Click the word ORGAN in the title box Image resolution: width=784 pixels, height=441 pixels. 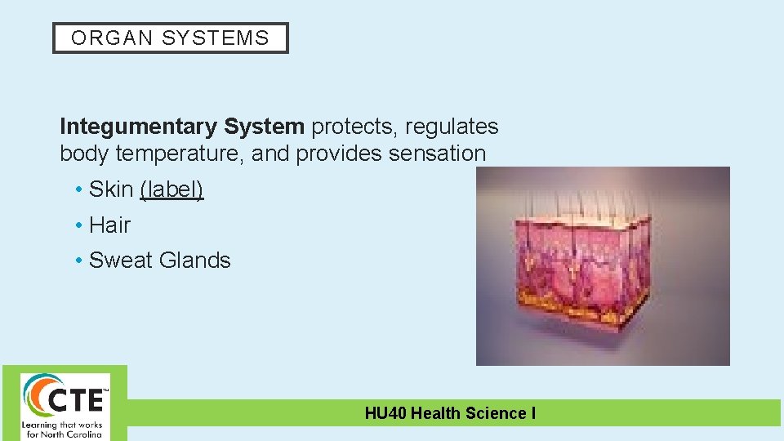[100, 38]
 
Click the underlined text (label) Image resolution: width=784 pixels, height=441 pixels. [171, 189]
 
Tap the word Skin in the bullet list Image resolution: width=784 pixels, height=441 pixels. [111, 189]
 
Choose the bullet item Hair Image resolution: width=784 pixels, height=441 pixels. [109, 225]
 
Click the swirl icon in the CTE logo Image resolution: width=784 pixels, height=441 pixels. [37, 397]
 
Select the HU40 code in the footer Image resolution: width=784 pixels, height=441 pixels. [385, 413]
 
